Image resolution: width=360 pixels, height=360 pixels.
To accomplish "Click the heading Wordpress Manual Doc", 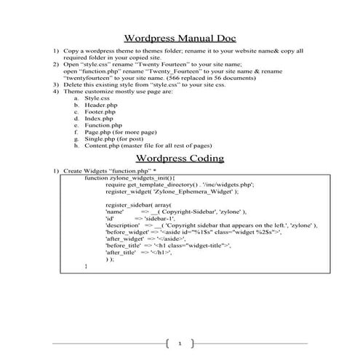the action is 180,39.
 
